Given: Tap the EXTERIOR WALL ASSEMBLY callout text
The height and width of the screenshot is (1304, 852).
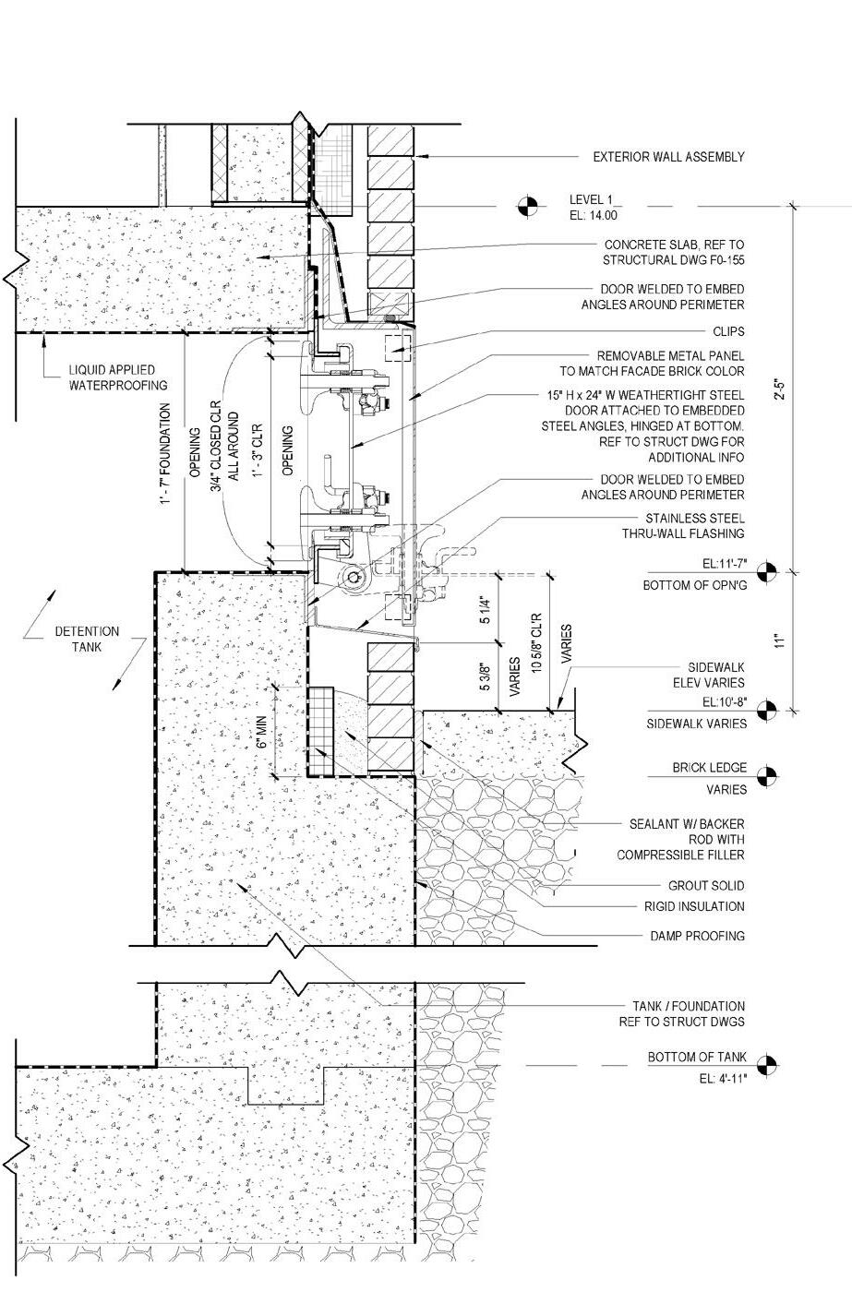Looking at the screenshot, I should pyautogui.click(x=667, y=157).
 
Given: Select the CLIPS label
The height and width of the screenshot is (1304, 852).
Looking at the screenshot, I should pyautogui.click(x=728, y=330).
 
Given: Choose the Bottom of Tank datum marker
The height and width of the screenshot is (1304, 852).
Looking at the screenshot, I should pyautogui.click(x=767, y=1065).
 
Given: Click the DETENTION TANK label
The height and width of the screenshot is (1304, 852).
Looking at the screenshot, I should pyautogui.click(x=87, y=639).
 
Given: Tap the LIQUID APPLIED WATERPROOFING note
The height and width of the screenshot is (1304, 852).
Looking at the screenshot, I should pyautogui.click(x=119, y=378).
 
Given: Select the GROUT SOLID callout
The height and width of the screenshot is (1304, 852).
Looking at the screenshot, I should pyautogui.click(x=707, y=886).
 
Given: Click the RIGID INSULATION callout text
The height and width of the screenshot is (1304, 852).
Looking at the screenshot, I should pyautogui.click(x=696, y=906).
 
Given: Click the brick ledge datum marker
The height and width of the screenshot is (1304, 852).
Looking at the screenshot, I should pyautogui.click(x=767, y=775).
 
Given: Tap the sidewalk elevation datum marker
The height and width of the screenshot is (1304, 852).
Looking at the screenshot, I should pyautogui.click(x=767, y=711).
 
